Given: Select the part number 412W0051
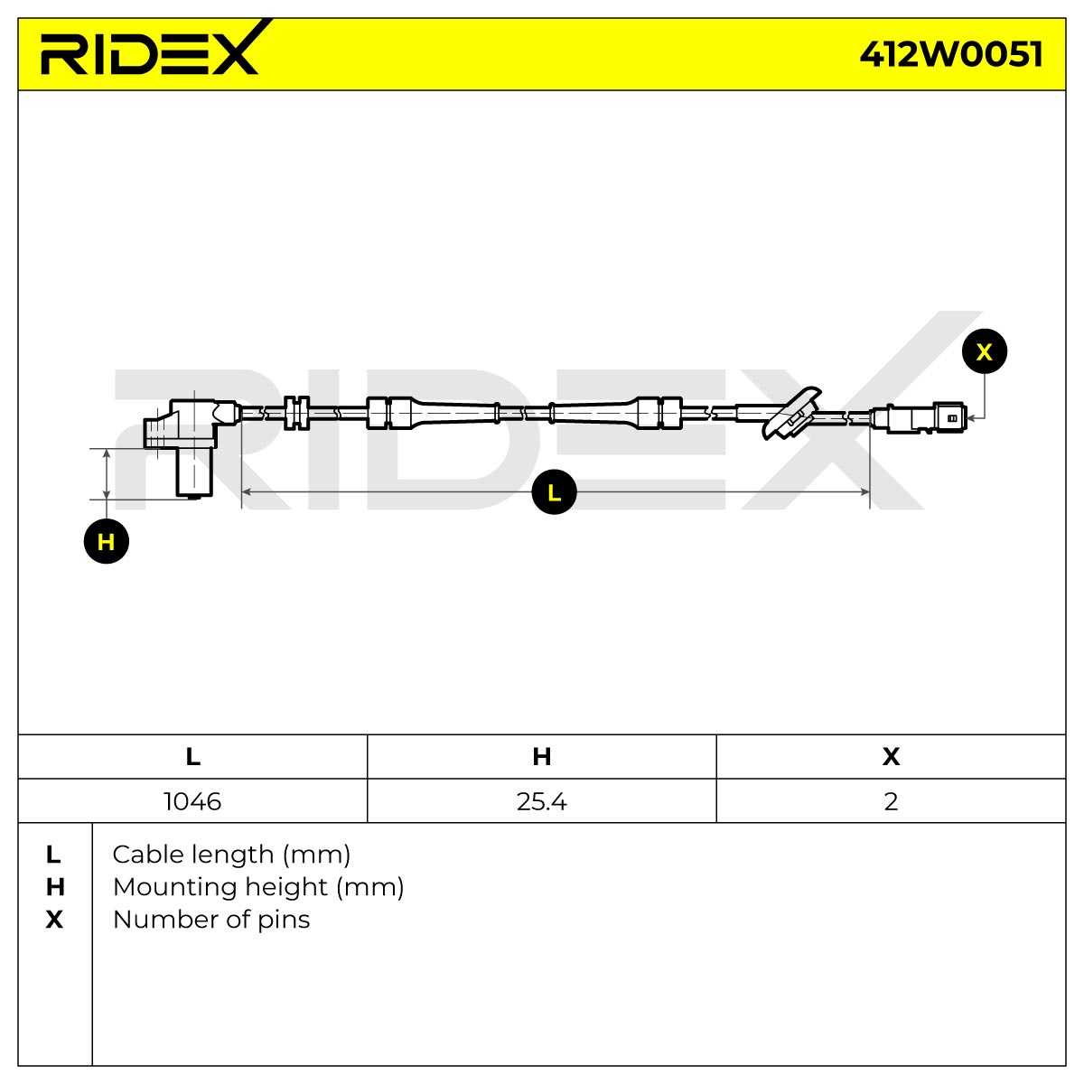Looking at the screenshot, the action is click(950, 55).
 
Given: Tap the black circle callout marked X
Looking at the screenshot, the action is click(985, 351).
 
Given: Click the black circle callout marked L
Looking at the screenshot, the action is click(554, 492).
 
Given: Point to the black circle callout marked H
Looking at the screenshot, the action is click(107, 542).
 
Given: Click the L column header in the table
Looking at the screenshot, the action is click(193, 757).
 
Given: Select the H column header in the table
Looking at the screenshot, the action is click(542, 757).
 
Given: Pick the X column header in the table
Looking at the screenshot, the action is click(891, 757).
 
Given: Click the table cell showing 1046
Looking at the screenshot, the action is click(192, 801).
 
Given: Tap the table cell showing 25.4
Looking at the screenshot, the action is click(542, 801).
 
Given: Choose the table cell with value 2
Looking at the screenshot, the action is click(891, 801).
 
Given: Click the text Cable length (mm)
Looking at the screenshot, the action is click(231, 855).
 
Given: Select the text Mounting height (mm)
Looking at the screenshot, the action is click(258, 888).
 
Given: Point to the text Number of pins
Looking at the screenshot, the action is click(211, 920).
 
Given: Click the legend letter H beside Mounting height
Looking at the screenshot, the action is click(55, 888).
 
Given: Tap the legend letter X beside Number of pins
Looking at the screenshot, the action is click(54, 920).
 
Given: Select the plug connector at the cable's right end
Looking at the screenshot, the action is click(918, 418).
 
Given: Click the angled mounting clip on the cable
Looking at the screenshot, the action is click(791, 414).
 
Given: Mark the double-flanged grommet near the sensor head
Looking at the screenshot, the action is click(296, 414).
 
